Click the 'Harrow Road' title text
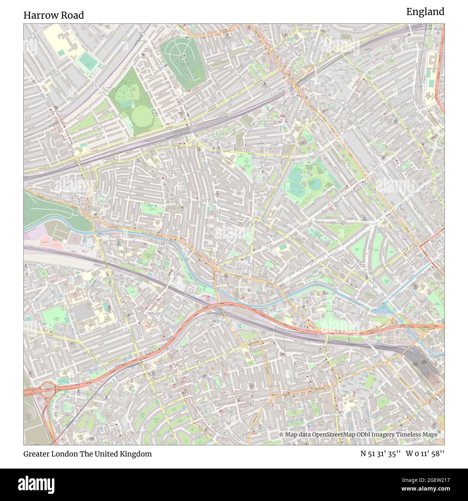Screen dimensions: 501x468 click(54, 15)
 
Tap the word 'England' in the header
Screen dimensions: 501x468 click(425, 12)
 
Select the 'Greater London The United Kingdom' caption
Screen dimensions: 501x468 click(87, 454)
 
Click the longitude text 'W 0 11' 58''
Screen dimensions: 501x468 click(425, 454)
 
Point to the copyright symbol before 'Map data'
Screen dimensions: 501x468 click(282, 435)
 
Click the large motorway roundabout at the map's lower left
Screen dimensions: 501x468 click(47, 389)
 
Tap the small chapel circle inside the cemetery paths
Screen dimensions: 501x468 click(181, 56)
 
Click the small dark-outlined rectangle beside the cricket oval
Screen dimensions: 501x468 click(154, 112)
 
